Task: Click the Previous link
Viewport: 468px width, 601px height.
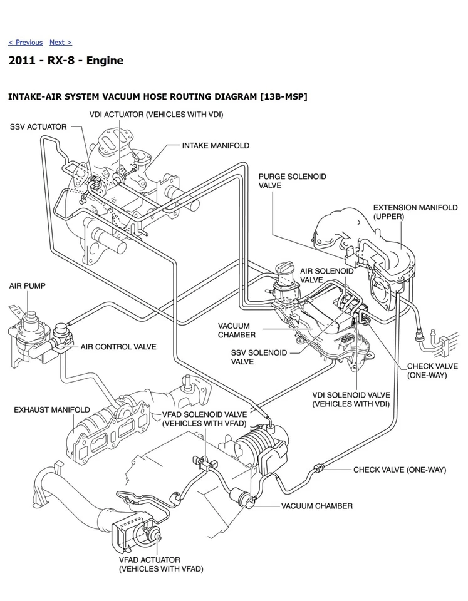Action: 26,43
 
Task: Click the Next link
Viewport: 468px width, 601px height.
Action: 60,43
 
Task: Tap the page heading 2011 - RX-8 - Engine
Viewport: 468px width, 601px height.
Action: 66,61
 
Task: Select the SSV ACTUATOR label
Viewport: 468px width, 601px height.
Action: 38,126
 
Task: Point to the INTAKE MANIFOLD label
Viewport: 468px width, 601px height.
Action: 216,145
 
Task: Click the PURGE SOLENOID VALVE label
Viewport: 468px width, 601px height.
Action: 292,181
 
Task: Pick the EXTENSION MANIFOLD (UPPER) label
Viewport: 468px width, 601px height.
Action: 415,212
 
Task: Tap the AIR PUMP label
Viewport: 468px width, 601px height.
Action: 27,285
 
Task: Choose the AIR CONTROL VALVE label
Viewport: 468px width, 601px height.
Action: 118,346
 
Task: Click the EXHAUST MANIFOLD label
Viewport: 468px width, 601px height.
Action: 52,410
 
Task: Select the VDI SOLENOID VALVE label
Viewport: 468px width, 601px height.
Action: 351,399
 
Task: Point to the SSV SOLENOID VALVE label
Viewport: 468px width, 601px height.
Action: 259,357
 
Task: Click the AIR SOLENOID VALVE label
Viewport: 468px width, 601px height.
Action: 326,275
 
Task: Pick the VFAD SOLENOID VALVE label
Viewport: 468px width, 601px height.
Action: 204,419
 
